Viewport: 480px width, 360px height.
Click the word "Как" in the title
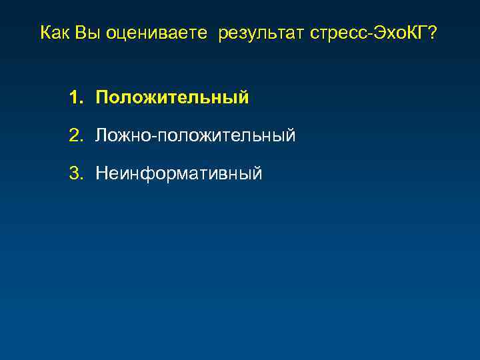coord(55,33)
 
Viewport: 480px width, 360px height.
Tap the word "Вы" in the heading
coord(85,33)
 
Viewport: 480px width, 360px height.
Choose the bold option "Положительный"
coord(172,99)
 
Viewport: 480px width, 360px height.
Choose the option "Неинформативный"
coord(179,175)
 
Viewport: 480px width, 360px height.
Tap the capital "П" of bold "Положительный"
coord(102,98)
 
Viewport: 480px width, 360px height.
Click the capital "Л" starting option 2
coord(101,136)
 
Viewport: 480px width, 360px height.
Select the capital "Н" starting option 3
coord(101,174)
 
